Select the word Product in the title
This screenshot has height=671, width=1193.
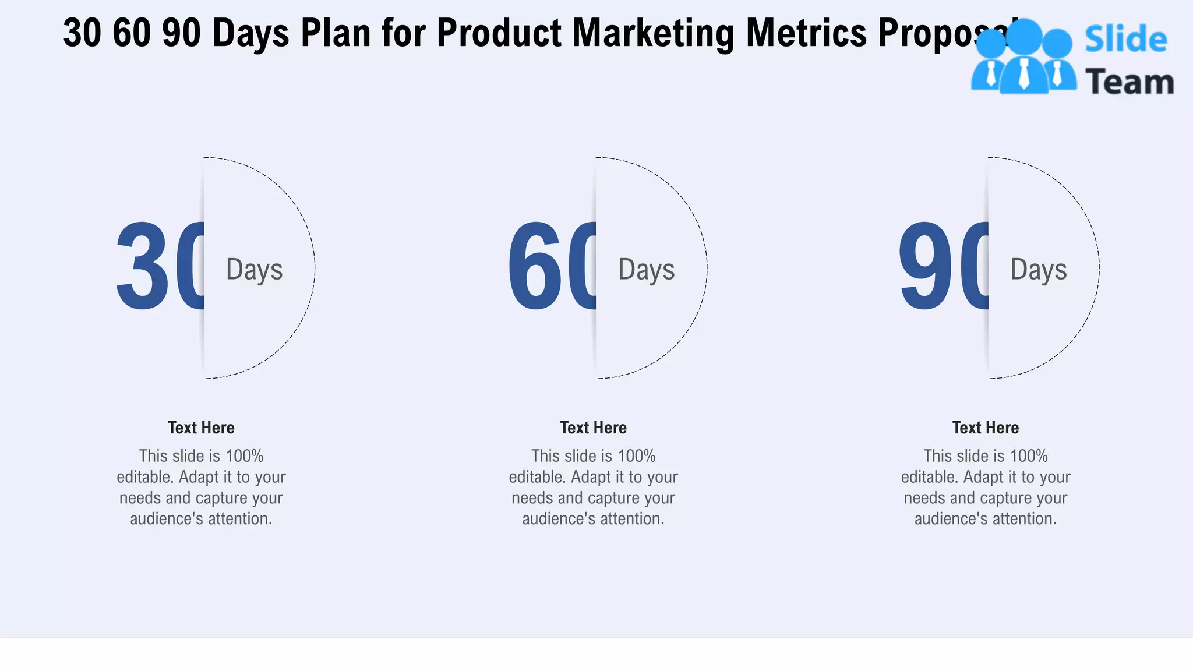click(x=499, y=33)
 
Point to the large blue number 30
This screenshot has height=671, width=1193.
click(x=160, y=267)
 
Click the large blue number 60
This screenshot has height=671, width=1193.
click(x=552, y=267)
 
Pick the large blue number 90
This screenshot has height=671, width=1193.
click(x=944, y=267)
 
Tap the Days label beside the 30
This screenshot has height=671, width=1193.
click(x=254, y=270)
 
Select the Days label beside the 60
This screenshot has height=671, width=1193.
click(x=646, y=270)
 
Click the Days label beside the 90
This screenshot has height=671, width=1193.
click(x=1038, y=270)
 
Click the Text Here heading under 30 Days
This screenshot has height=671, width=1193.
click(x=201, y=428)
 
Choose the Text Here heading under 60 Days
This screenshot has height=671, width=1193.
click(x=593, y=428)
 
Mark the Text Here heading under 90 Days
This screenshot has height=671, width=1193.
click(x=985, y=428)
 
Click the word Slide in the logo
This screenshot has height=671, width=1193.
click(x=1125, y=40)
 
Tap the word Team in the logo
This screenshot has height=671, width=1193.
click(x=1129, y=82)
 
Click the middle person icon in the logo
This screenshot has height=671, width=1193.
click(x=1024, y=58)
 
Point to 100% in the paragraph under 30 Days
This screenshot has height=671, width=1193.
click(x=244, y=456)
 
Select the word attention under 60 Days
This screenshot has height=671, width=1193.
click(x=633, y=519)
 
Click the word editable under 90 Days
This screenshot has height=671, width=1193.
click(x=929, y=477)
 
